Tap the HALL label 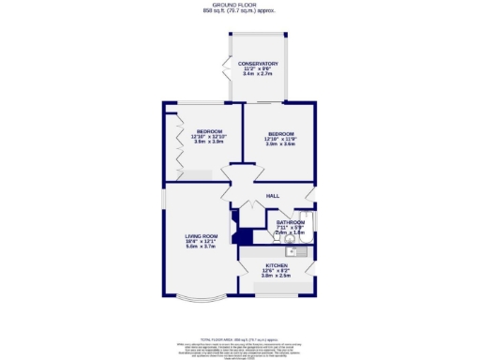[x=273, y=196]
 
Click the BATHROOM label [x=290, y=222]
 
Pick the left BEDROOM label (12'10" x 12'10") [x=207, y=130]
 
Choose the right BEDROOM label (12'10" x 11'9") [x=280, y=133]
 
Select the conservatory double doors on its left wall [x=226, y=67]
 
